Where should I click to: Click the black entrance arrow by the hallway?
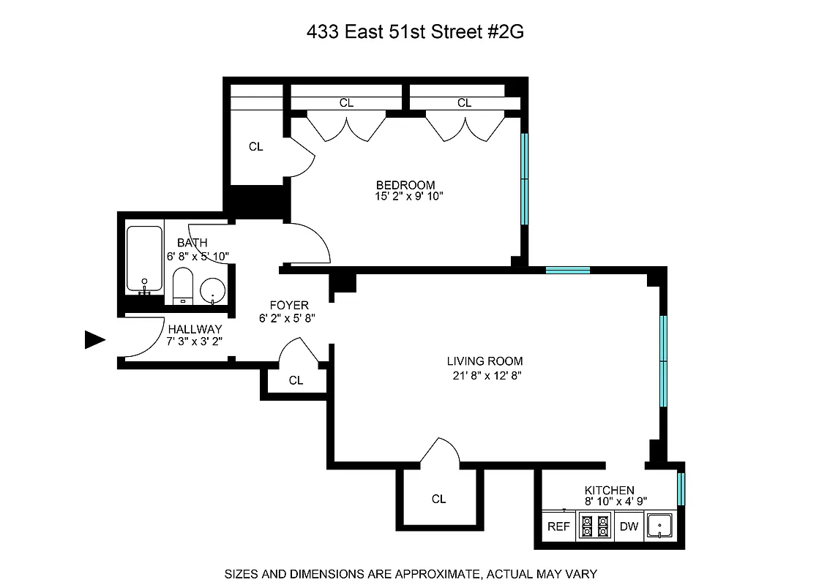pyautogui.click(x=95, y=340)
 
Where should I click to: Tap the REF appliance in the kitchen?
pyautogui.click(x=559, y=526)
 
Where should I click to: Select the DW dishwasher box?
pyautogui.click(x=629, y=526)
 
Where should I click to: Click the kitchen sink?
pyautogui.click(x=662, y=526)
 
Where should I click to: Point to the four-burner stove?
pyautogui.click(x=594, y=526)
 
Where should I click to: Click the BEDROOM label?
pyautogui.click(x=405, y=185)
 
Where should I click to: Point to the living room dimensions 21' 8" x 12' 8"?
pyautogui.click(x=485, y=375)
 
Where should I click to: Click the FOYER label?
pyautogui.click(x=289, y=305)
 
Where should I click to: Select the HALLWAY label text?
pyautogui.click(x=194, y=330)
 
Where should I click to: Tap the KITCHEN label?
pyautogui.click(x=609, y=490)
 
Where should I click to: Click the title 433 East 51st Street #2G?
pyautogui.click(x=413, y=32)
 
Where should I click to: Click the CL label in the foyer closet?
pyautogui.click(x=296, y=380)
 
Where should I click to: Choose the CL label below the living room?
pyautogui.click(x=438, y=499)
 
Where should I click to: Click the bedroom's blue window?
pyautogui.click(x=524, y=179)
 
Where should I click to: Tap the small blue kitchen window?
pyautogui.click(x=681, y=489)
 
